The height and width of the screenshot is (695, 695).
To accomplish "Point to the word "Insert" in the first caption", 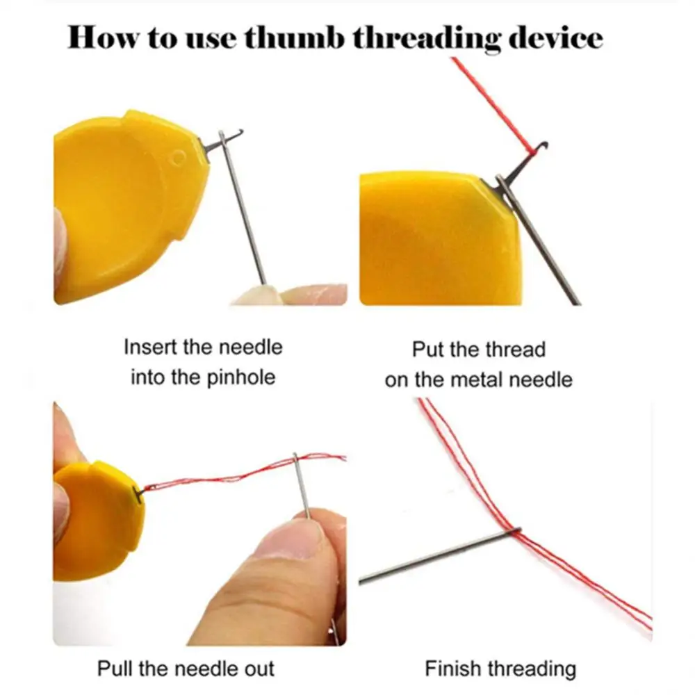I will point(149,346).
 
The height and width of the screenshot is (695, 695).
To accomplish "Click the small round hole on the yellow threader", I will point(179,157).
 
